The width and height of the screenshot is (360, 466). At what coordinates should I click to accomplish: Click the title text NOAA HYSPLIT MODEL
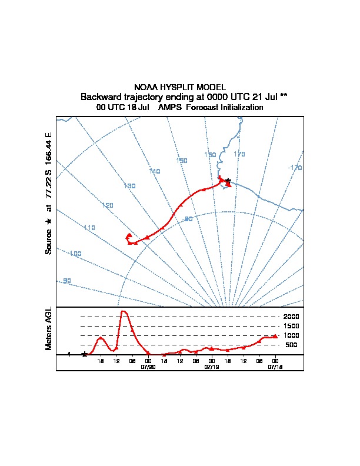click(180, 87)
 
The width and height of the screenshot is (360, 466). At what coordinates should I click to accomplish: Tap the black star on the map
click(228, 181)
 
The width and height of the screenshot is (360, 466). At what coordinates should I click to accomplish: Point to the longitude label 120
click(107, 205)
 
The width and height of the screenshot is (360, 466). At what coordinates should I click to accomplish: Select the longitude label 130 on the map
click(129, 186)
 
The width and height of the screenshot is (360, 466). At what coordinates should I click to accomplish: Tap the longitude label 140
click(154, 171)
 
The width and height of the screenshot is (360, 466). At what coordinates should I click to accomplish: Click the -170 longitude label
click(295, 168)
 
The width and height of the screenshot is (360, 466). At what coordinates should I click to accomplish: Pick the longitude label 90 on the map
click(66, 281)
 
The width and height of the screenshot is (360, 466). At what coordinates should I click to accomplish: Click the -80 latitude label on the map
click(188, 219)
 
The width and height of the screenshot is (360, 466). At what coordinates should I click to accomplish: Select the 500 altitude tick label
click(292, 345)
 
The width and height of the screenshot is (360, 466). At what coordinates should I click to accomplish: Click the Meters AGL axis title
click(49, 329)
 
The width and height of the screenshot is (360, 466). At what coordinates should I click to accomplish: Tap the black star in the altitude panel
click(85, 354)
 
